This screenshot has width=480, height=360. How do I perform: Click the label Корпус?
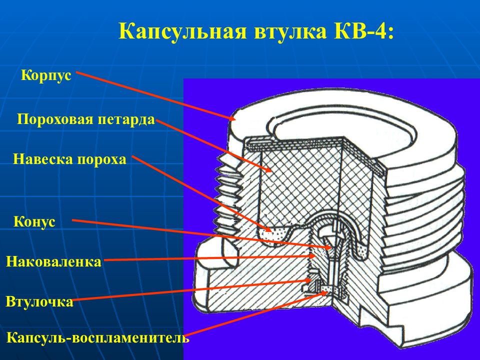(46, 75)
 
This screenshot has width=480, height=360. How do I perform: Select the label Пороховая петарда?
(85, 119)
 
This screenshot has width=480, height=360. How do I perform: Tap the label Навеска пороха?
(69, 159)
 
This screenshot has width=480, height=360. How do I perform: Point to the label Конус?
(34, 221)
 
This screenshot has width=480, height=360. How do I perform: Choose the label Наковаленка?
(53, 261)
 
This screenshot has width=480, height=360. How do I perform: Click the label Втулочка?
(39, 301)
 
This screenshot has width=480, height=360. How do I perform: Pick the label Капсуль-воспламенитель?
(97, 338)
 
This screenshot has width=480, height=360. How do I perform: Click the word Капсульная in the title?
(182, 31)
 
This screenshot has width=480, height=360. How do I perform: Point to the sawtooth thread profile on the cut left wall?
(226, 196)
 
